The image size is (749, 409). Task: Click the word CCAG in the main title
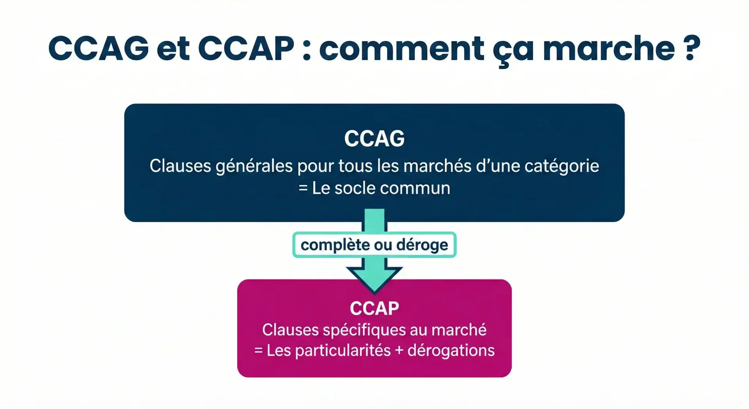[x=99, y=48]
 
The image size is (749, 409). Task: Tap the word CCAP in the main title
[x=246, y=48]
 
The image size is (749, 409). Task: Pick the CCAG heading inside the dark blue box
[x=374, y=138]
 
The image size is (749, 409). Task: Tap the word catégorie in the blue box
[x=562, y=166]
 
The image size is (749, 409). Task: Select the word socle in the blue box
[x=355, y=188]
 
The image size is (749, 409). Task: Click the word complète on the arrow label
[x=335, y=245]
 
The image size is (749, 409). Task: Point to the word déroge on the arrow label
[x=422, y=245]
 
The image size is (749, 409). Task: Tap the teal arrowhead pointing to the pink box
[x=374, y=280]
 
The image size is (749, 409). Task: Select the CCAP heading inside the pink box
[x=374, y=309]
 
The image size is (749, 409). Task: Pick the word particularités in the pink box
[x=343, y=351]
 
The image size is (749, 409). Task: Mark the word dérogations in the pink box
[x=451, y=351]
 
